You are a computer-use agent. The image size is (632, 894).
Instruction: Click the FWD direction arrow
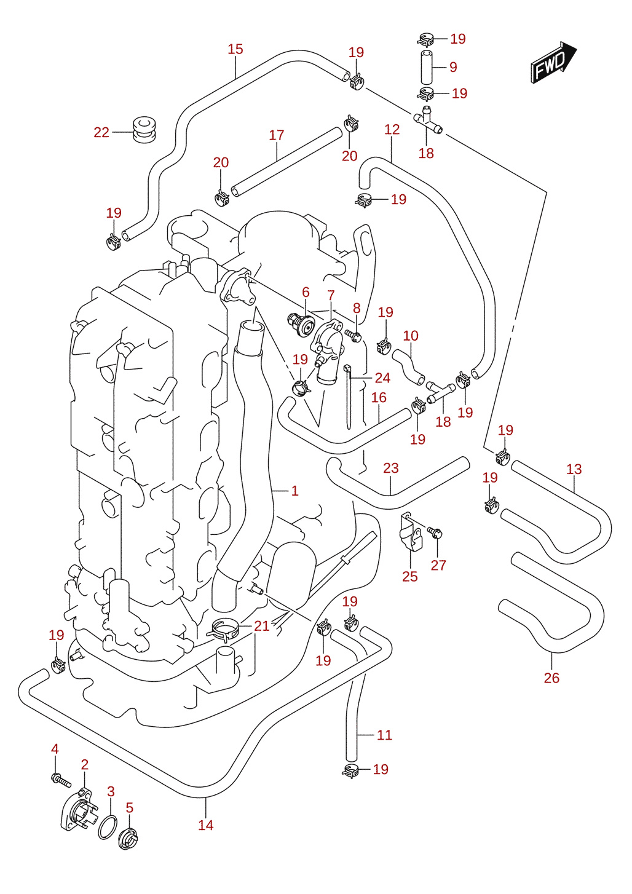(553, 63)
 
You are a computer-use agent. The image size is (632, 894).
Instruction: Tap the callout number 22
(101, 132)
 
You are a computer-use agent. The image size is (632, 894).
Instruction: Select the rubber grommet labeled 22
(144, 130)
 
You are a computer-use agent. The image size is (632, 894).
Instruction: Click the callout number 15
(235, 49)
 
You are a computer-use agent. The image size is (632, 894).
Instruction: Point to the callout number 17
(277, 135)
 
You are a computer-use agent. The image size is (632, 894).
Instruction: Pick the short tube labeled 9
(427, 66)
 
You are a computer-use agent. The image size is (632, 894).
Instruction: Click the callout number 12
(392, 129)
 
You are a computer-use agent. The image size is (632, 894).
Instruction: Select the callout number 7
(331, 295)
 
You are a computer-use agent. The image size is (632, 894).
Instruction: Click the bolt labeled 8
(354, 335)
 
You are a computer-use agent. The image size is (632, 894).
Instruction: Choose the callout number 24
(382, 378)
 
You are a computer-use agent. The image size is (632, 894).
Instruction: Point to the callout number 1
(295, 491)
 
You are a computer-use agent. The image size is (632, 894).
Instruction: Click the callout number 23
(391, 468)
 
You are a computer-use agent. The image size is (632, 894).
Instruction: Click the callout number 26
(552, 678)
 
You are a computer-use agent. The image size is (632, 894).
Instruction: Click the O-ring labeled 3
(108, 828)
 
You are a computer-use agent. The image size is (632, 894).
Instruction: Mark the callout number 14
(206, 825)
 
